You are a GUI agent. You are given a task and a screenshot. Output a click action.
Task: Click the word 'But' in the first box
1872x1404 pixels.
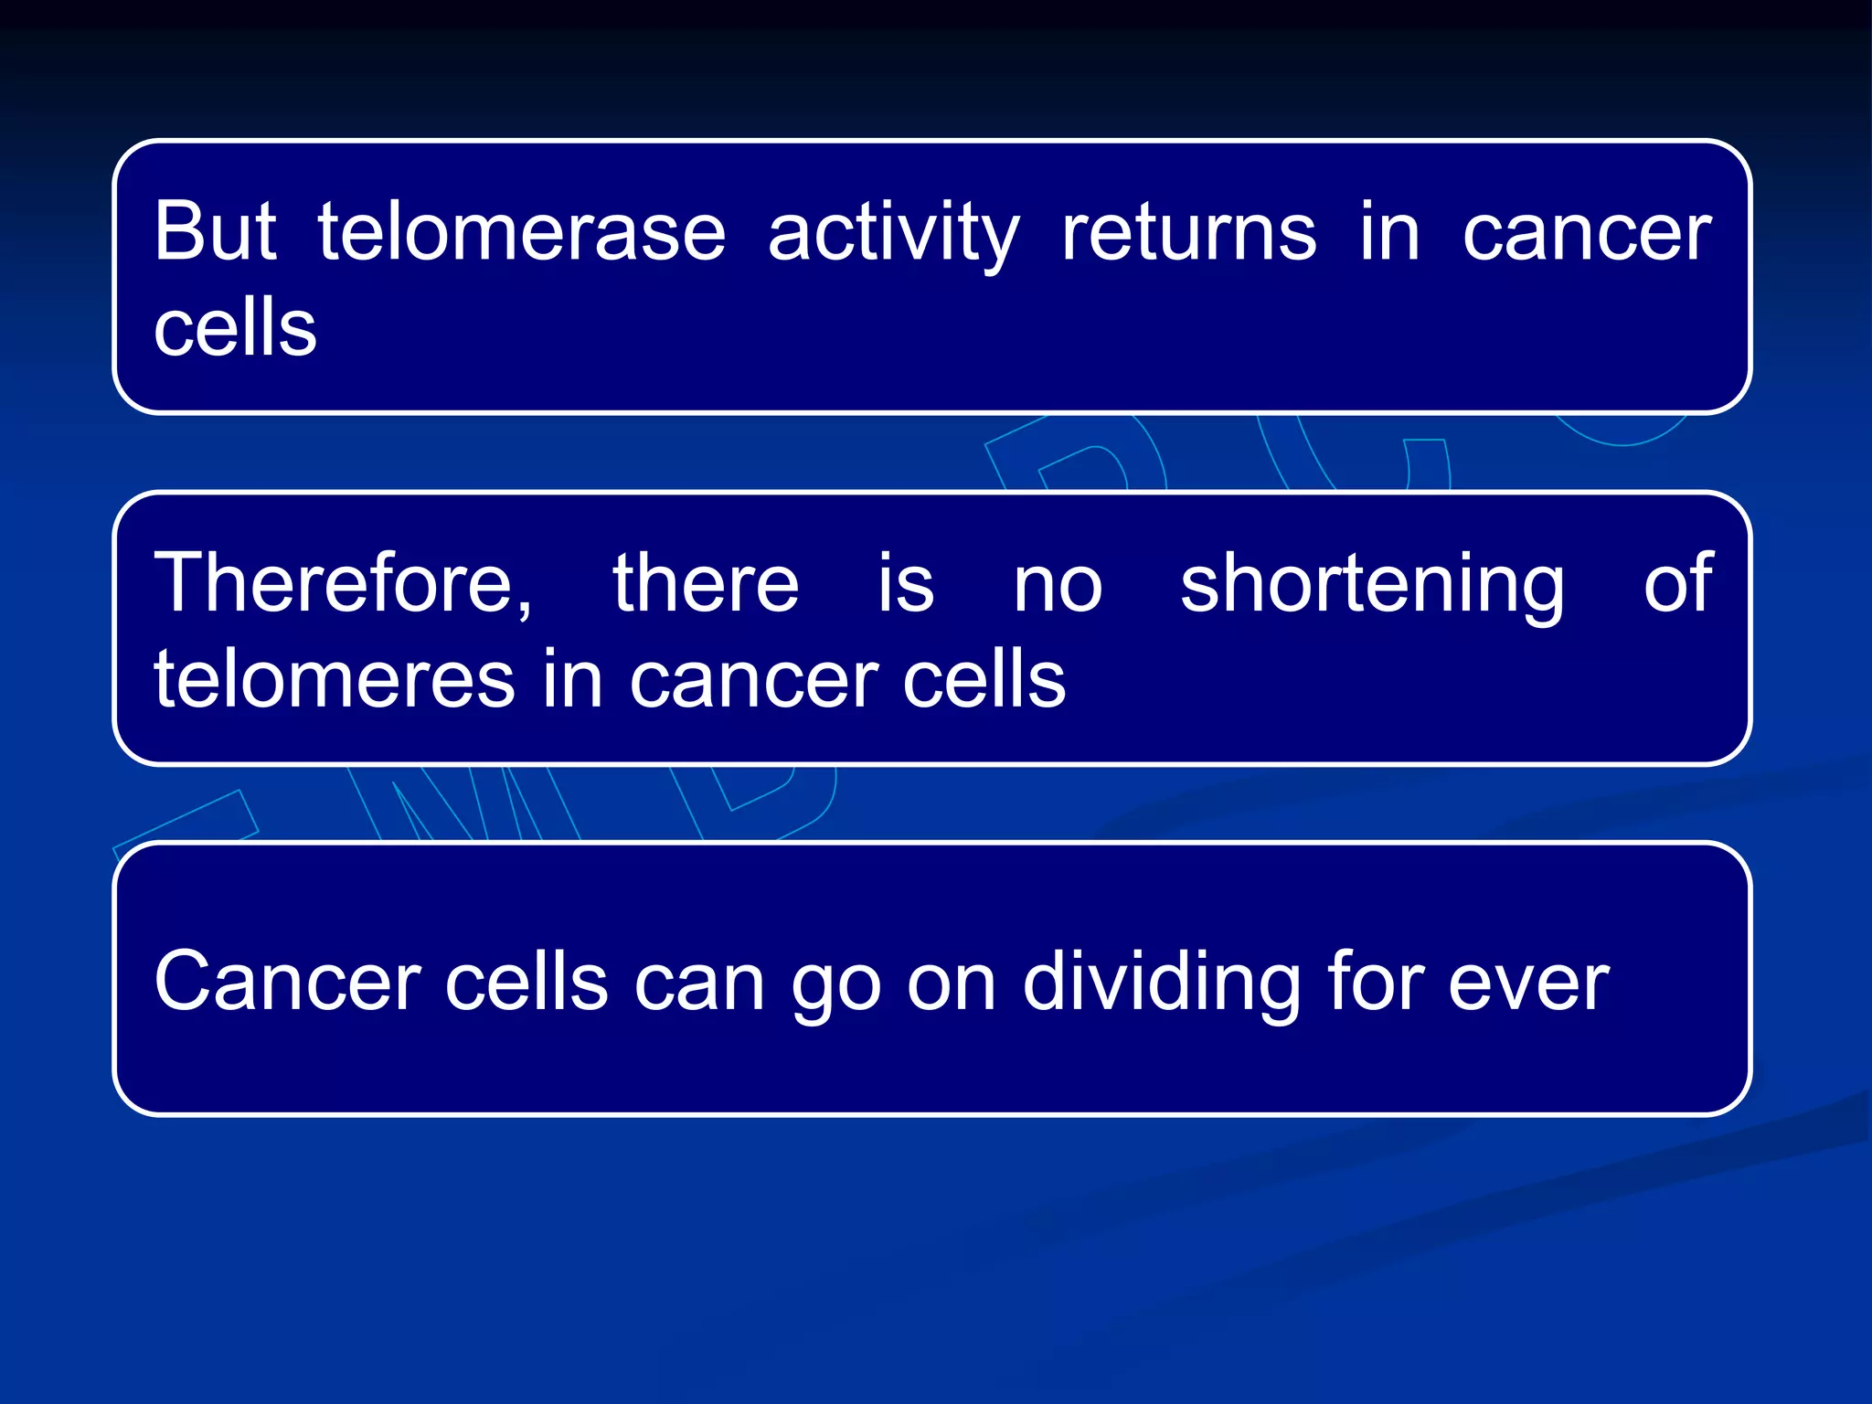point(215,231)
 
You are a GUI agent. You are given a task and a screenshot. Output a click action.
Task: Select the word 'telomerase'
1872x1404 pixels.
point(522,231)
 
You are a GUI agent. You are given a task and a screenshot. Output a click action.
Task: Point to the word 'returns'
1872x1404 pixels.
point(1188,231)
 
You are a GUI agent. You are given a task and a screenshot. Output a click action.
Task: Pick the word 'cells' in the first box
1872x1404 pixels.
point(235,328)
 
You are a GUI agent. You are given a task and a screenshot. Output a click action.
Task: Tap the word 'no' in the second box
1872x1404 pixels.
point(1058,585)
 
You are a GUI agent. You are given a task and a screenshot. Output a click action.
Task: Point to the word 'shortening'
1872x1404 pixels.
point(1372,585)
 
